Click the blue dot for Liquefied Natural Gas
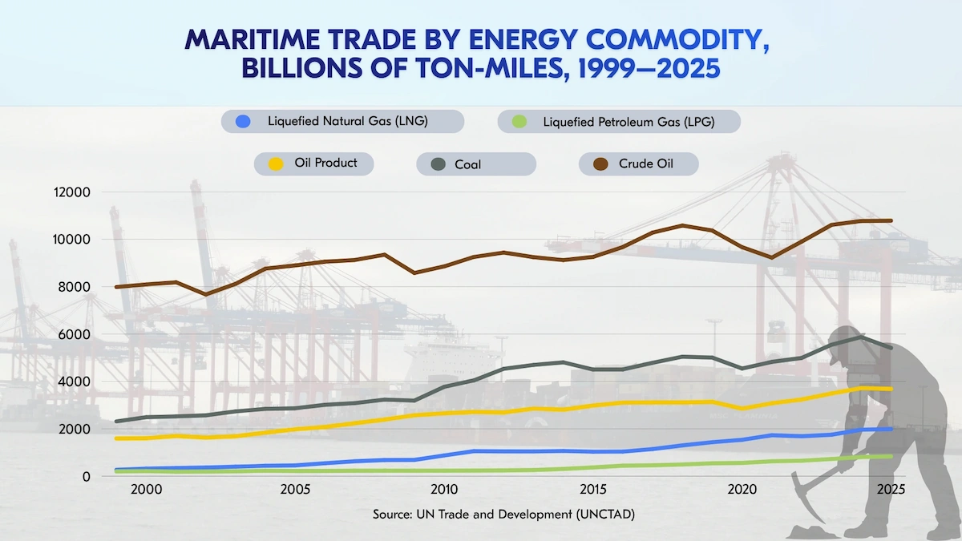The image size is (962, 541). point(243,122)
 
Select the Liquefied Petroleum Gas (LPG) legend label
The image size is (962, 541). point(628,122)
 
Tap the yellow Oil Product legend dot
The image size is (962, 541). point(275,164)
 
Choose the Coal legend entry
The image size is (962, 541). point(467,164)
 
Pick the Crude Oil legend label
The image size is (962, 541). point(645,164)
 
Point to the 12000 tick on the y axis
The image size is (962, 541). point(73,192)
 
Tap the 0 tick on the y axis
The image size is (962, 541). point(86,476)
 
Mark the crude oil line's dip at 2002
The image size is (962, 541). point(206,294)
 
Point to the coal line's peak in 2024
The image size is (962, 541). point(862,337)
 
